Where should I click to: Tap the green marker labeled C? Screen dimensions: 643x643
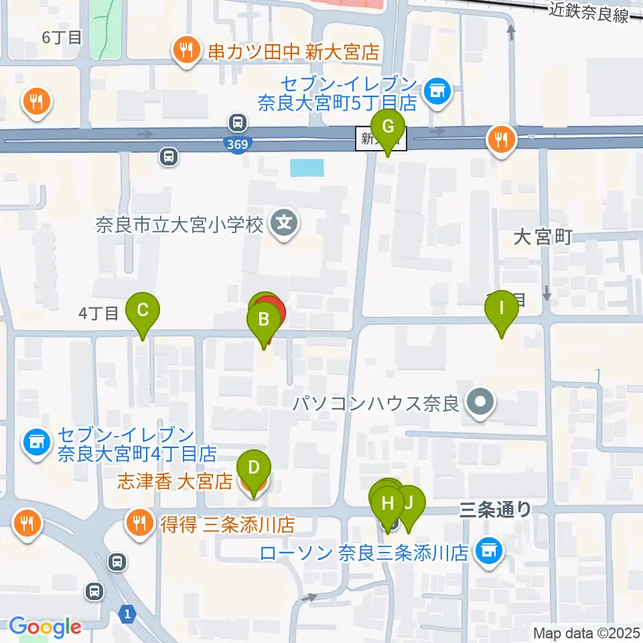(143, 311)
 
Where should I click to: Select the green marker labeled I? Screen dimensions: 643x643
(502, 309)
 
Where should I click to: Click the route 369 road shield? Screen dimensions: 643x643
(236, 145)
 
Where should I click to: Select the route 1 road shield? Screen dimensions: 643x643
(126, 612)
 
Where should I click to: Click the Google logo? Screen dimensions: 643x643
(45, 627)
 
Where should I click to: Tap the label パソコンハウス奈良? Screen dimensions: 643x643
(375, 404)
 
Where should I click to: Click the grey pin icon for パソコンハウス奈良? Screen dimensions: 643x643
(481, 403)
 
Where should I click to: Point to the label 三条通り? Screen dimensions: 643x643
(496, 510)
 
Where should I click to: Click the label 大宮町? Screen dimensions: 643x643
(543, 236)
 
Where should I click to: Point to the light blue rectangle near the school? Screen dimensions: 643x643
(307, 167)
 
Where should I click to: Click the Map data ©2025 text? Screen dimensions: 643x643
(587, 632)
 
